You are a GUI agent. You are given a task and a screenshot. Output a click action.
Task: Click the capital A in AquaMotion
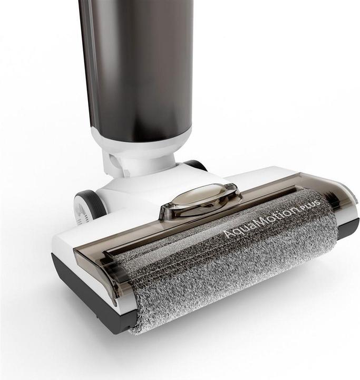coord(228,234)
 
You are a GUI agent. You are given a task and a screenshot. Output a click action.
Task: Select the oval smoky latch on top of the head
coord(201,200)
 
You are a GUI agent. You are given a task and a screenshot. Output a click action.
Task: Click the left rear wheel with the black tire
coord(90,205)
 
